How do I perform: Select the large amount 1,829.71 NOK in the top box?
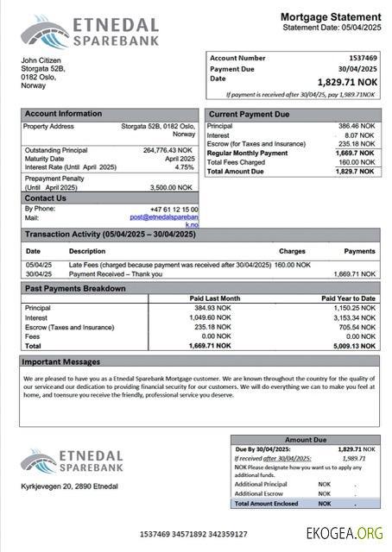tap(347, 82)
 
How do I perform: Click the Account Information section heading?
tap(63, 114)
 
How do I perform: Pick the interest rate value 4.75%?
tap(185, 167)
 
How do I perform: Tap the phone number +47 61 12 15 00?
tap(173, 210)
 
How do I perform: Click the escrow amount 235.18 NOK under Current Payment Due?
tap(355, 144)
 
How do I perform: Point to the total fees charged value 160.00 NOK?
tap(355, 162)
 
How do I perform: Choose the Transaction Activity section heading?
tap(110, 235)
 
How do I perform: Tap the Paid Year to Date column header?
tap(348, 298)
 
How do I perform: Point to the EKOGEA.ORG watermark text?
tap(344, 533)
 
